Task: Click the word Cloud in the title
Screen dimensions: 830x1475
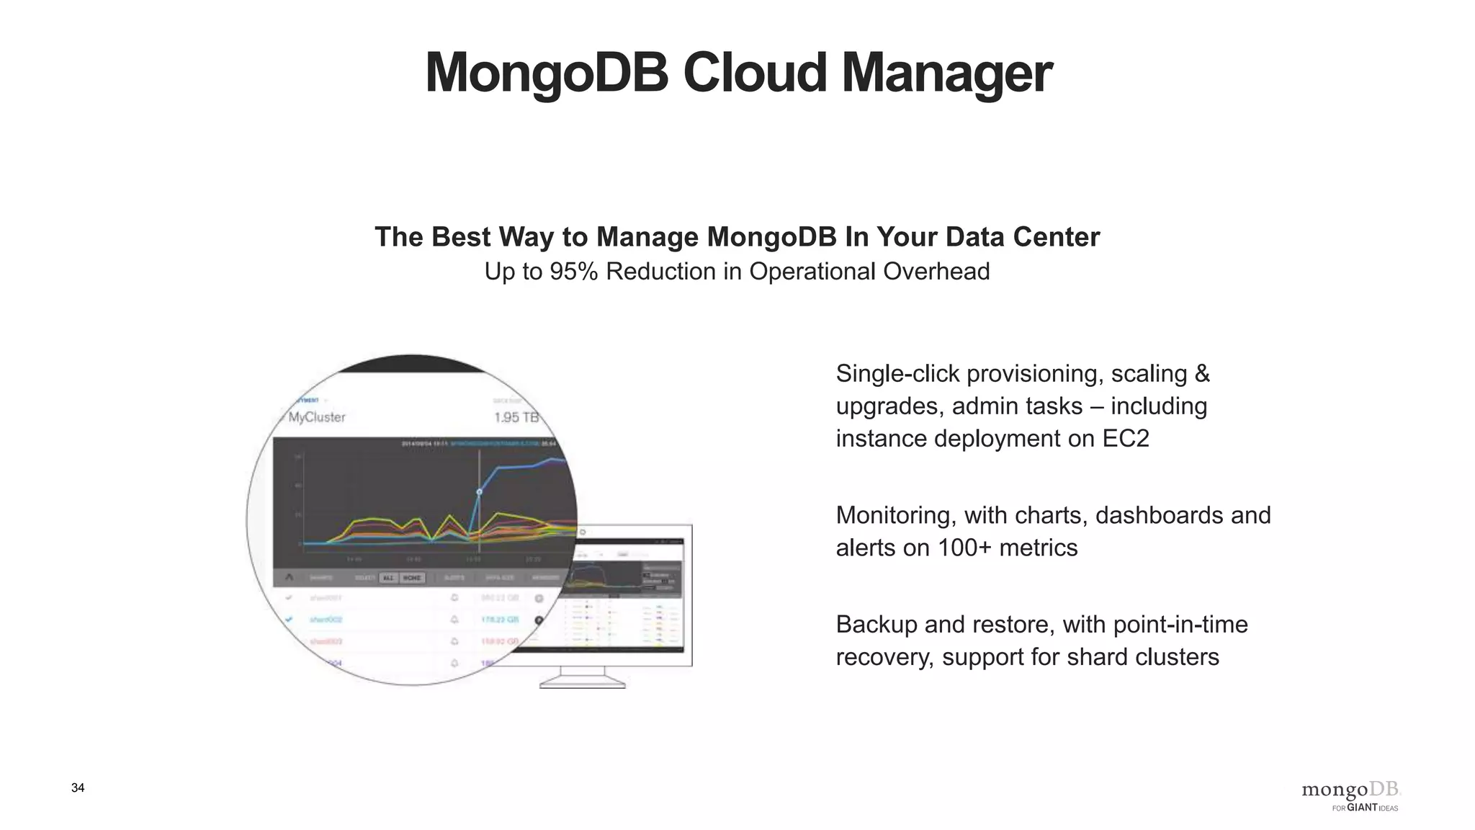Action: click(x=754, y=73)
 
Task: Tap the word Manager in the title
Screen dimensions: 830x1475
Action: click(x=946, y=73)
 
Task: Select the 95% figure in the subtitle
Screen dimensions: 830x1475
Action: click(x=573, y=272)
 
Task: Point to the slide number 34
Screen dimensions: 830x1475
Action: click(x=78, y=787)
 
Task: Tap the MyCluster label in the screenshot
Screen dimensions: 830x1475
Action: click(x=317, y=417)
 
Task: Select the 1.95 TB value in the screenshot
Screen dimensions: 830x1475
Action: click(x=516, y=417)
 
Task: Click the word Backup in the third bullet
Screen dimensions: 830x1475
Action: click(x=877, y=624)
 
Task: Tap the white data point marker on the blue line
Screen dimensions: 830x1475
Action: click(x=479, y=492)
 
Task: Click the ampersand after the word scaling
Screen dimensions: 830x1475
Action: click(x=1202, y=374)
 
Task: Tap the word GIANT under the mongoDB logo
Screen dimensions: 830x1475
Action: click(x=1362, y=808)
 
